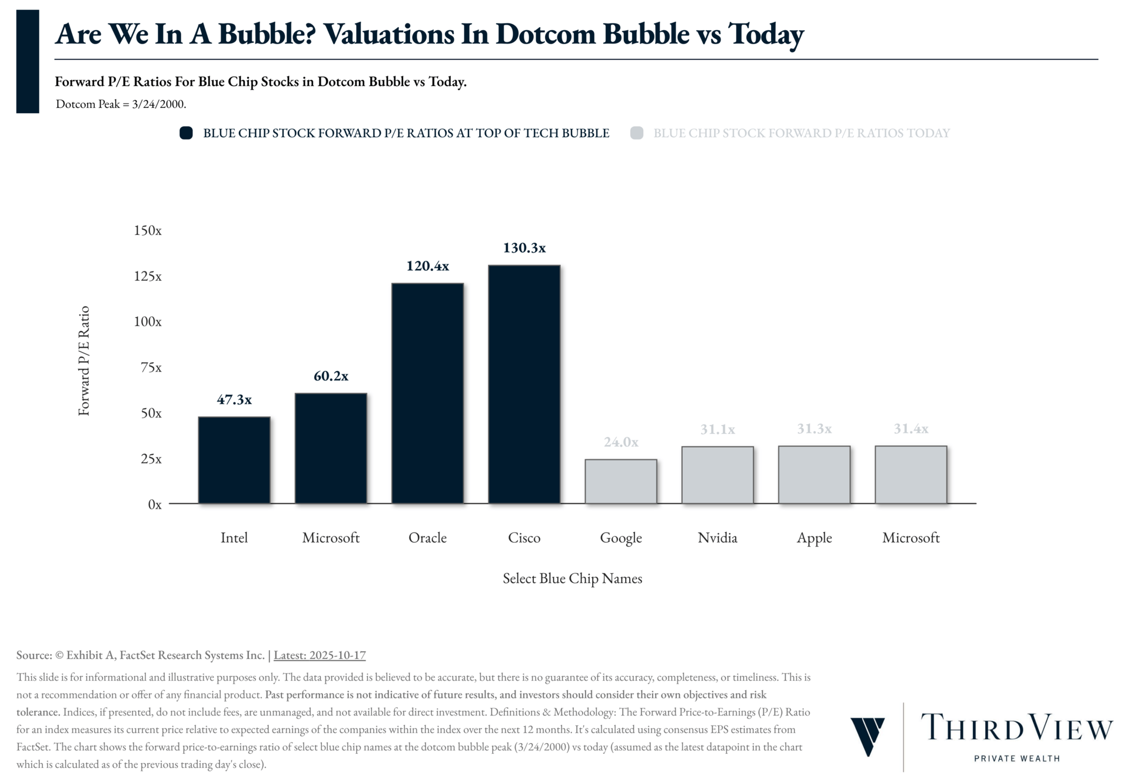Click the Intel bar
(x=234, y=460)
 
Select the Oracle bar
(x=427, y=393)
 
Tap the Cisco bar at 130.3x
(x=524, y=384)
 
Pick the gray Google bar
(x=621, y=481)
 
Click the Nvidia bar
(x=717, y=475)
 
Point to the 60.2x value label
(x=331, y=376)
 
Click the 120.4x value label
(x=427, y=266)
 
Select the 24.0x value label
(x=621, y=442)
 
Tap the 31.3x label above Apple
(x=814, y=429)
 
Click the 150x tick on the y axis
(x=148, y=230)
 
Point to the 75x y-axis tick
(x=151, y=367)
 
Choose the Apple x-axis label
(x=814, y=538)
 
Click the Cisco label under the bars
(x=524, y=538)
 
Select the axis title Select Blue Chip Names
(x=572, y=578)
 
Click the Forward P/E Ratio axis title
(x=84, y=360)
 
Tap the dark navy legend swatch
(x=186, y=133)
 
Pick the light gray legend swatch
(x=636, y=133)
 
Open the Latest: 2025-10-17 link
(x=320, y=655)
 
